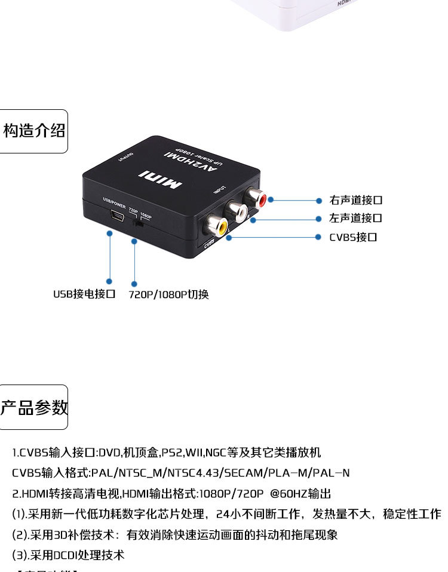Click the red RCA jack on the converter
[x=258, y=196]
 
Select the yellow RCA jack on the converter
[x=214, y=225]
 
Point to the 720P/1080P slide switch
[x=138, y=224]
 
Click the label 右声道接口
[x=355, y=200]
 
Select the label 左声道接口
[x=355, y=219]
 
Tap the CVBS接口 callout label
[x=353, y=237]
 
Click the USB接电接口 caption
[x=84, y=294]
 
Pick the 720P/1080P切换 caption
[x=169, y=294]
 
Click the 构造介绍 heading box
[x=33, y=131]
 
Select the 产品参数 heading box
[x=33, y=408]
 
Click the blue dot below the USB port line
[x=109, y=281]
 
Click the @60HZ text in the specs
[x=286, y=494]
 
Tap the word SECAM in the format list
[x=244, y=473]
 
